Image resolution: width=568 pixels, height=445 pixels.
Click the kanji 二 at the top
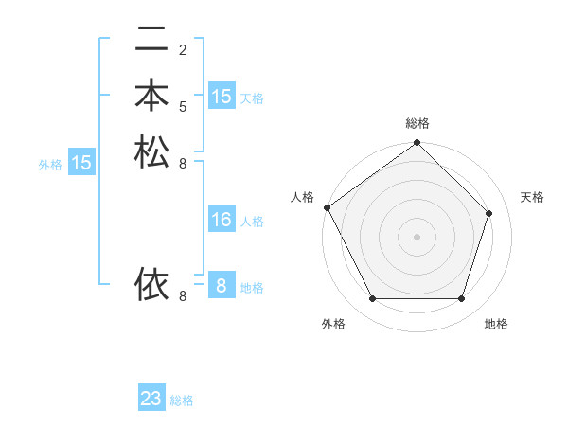click(151, 40)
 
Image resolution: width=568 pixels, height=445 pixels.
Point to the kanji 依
click(151, 283)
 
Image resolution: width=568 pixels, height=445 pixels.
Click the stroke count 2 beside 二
click(183, 49)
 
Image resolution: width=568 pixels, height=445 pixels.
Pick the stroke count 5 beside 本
click(183, 106)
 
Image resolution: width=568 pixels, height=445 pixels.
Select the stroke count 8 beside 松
click(183, 163)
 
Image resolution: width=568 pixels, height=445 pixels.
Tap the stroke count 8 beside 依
click(183, 295)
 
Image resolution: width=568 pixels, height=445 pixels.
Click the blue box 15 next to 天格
click(222, 97)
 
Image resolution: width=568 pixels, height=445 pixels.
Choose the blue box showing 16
click(222, 220)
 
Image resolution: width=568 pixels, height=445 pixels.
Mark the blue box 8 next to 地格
click(222, 286)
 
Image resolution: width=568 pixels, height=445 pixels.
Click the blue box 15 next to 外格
click(81, 163)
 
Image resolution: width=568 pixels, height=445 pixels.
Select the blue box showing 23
click(151, 399)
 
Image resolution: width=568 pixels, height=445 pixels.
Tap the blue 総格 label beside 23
click(183, 400)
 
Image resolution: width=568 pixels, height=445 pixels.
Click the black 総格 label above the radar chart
click(417, 123)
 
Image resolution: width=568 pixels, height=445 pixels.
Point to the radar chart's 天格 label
click(533, 197)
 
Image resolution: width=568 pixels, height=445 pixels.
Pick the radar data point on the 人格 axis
click(327, 207)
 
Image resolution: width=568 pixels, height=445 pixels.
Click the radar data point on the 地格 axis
click(461, 299)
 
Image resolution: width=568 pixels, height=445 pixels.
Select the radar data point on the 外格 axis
click(372, 299)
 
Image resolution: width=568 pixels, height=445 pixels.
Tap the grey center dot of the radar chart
click(417, 237)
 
